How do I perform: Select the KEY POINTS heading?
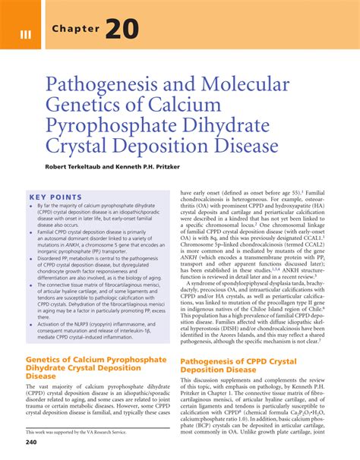pyautogui.click(x=55, y=197)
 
